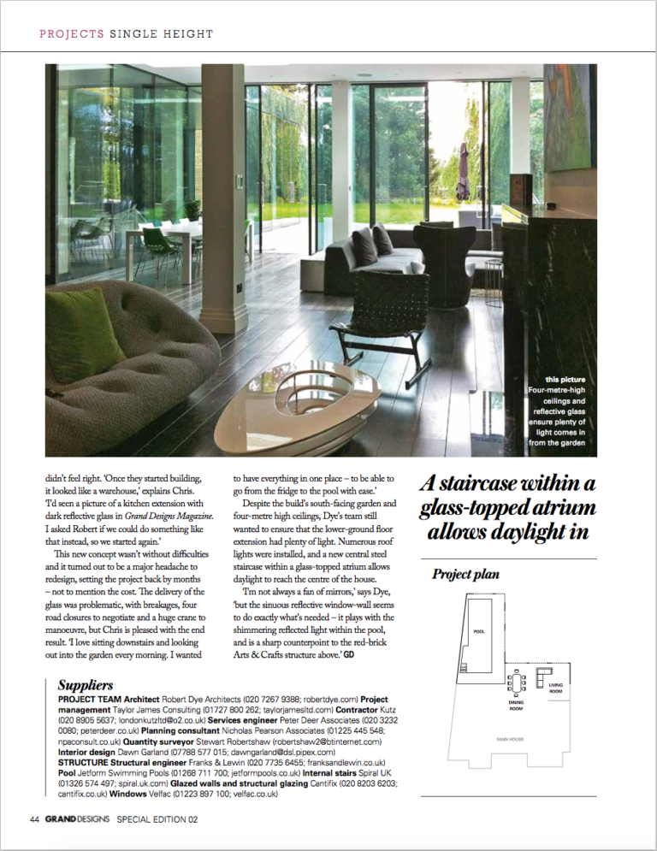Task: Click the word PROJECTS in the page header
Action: (x=71, y=34)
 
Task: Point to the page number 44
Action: (x=34, y=818)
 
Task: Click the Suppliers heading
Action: (x=85, y=685)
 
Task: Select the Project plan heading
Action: (x=466, y=573)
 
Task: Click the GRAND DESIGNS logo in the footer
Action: (x=77, y=818)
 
